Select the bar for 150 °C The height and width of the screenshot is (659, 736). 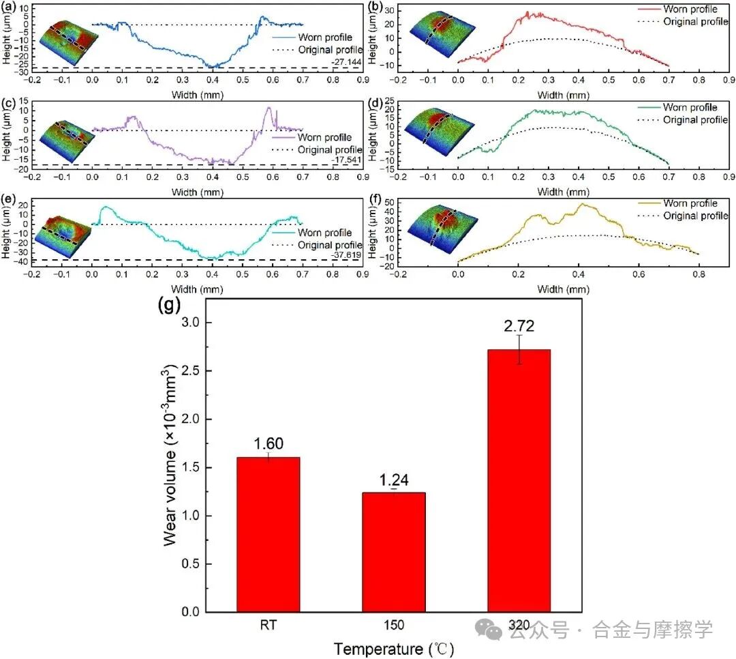pos(394,552)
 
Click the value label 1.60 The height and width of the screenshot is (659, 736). pos(268,443)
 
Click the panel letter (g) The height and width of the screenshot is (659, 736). pos(168,305)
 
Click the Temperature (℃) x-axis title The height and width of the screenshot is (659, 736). pos(393,648)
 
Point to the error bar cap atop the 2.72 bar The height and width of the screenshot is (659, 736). pos(519,335)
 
